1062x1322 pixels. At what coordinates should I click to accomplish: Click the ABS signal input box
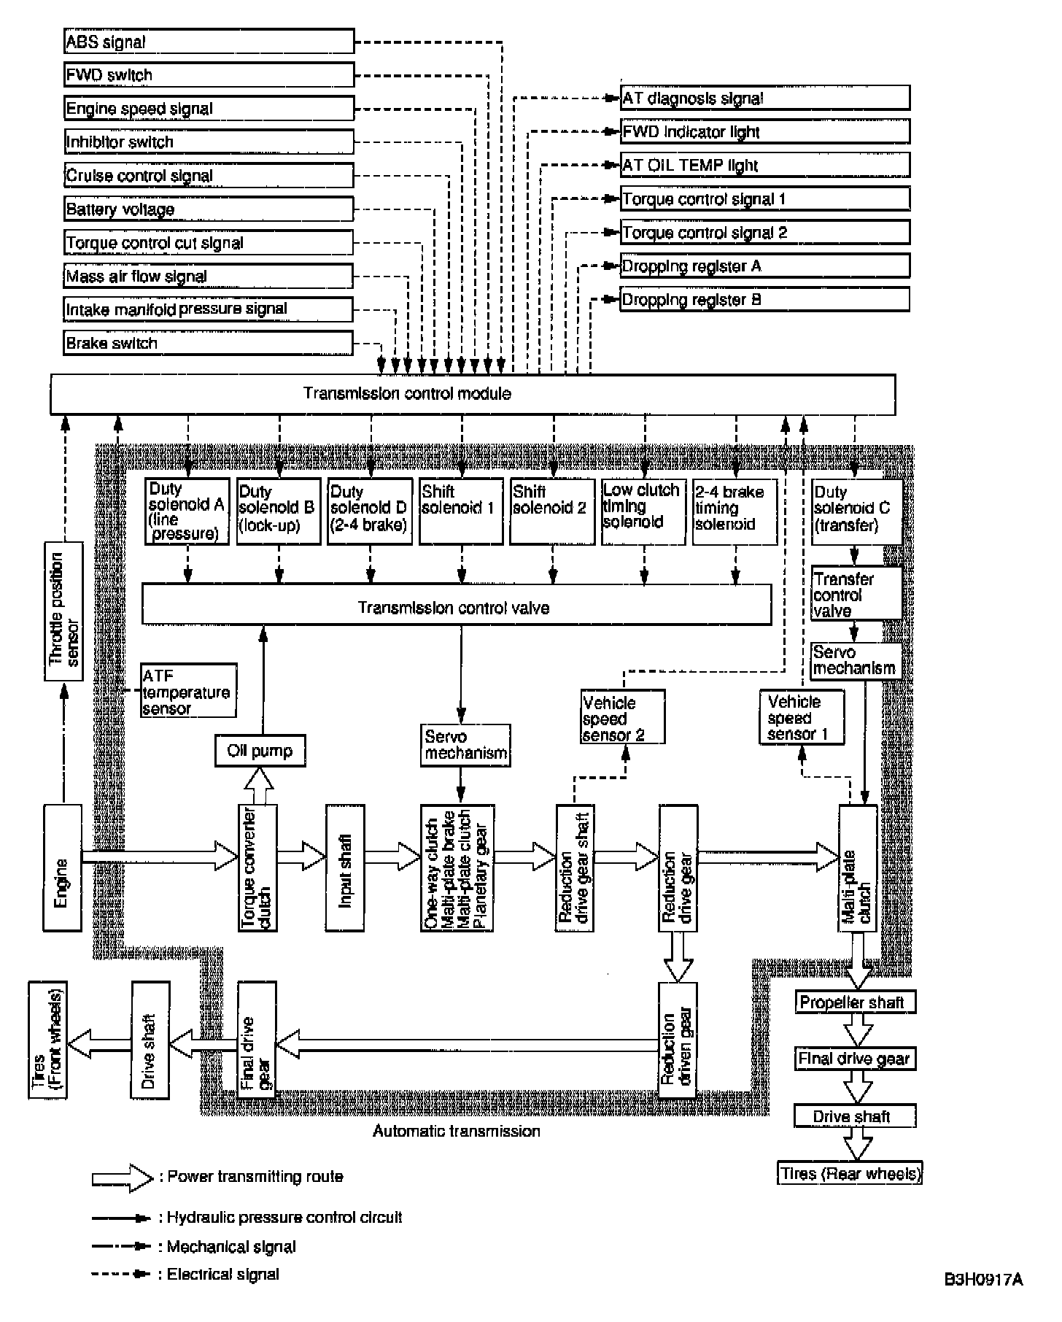point(209,42)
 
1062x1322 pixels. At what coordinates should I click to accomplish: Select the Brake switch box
point(209,343)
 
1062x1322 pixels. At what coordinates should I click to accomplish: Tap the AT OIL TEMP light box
point(765,166)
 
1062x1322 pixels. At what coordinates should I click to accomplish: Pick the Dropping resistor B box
point(765,300)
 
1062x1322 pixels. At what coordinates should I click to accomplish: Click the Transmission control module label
point(407,394)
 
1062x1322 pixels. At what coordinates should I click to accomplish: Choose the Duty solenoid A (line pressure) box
point(187,511)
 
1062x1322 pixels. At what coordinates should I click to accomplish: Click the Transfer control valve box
point(856,595)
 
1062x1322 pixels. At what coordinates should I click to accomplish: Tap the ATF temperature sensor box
point(189,691)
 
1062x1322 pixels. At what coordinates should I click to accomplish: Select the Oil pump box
point(260,751)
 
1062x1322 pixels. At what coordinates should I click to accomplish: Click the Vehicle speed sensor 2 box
point(623,717)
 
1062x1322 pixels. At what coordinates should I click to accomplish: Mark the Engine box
point(63,867)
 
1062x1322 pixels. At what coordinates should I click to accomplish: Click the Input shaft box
point(345,867)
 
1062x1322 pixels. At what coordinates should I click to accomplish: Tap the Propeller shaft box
point(855,1002)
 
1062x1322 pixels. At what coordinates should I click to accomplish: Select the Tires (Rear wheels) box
point(850,1174)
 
